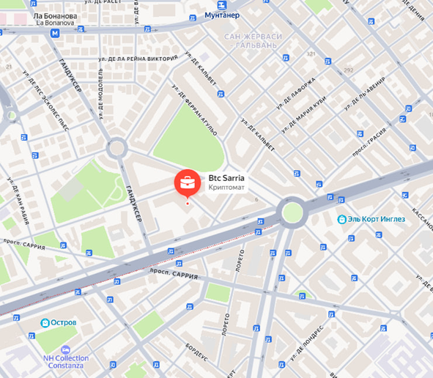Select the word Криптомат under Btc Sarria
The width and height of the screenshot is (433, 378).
[228, 188]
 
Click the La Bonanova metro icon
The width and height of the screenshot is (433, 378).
[56, 32]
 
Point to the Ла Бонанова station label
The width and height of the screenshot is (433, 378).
[55, 15]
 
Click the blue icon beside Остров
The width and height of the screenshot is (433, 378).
[45, 322]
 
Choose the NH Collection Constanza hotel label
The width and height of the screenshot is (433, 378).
[65, 362]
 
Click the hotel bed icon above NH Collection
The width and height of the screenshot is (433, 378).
[65, 349]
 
